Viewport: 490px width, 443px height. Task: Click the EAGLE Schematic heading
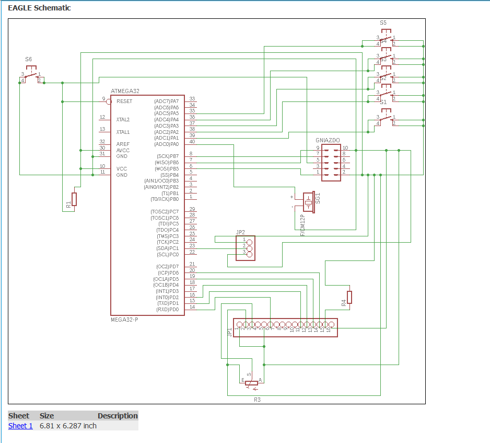[x=39, y=8]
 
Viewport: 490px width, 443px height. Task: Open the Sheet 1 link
[x=20, y=426]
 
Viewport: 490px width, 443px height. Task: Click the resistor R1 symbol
[x=74, y=199]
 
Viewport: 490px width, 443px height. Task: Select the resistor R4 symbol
[x=349, y=297]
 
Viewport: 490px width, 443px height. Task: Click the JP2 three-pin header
[x=249, y=248]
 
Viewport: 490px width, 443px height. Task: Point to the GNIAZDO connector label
[x=328, y=140]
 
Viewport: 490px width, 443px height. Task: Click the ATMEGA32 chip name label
[x=125, y=91]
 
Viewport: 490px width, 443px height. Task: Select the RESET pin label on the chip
[x=124, y=101]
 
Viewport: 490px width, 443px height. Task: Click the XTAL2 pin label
[x=123, y=120]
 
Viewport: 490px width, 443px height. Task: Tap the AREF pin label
[x=123, y=144]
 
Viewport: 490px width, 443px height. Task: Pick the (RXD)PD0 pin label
[x=167, y=310]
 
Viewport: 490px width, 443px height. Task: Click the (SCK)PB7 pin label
[x=167, y=156]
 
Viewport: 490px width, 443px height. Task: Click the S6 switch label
[x=28, y=60]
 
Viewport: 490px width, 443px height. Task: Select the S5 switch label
[x=383, y=23]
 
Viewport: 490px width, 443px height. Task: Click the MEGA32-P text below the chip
[x=124, y=319]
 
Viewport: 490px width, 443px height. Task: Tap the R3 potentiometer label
[x=257, y=399]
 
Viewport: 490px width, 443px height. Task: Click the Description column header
[x=118, y=416]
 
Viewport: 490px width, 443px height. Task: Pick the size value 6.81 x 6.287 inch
[x=68, y=426]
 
